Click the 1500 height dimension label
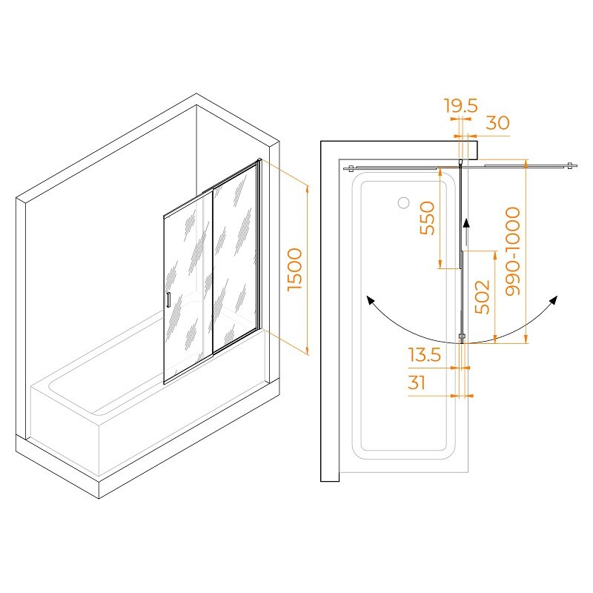point(295,269)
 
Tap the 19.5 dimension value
point(460,105)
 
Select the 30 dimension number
point(497,123)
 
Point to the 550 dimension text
point(428,218)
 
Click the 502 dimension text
point(483,297)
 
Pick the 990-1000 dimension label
point(513,251)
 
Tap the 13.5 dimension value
point(424,355)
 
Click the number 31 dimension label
point(417,382)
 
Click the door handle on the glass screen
point(168,299)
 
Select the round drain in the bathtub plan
point(403,202)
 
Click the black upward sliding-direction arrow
point(466,233)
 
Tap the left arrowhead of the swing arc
point(370,300)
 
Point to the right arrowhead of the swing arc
point(553,300)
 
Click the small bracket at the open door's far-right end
point(570,165)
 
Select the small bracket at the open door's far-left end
point(351,168)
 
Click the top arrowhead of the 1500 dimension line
point(308,190)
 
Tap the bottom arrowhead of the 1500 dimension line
point(308,351)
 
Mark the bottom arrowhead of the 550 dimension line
point(440,265)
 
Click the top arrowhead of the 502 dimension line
point(495,255)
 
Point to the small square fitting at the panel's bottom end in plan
point(461,336)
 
